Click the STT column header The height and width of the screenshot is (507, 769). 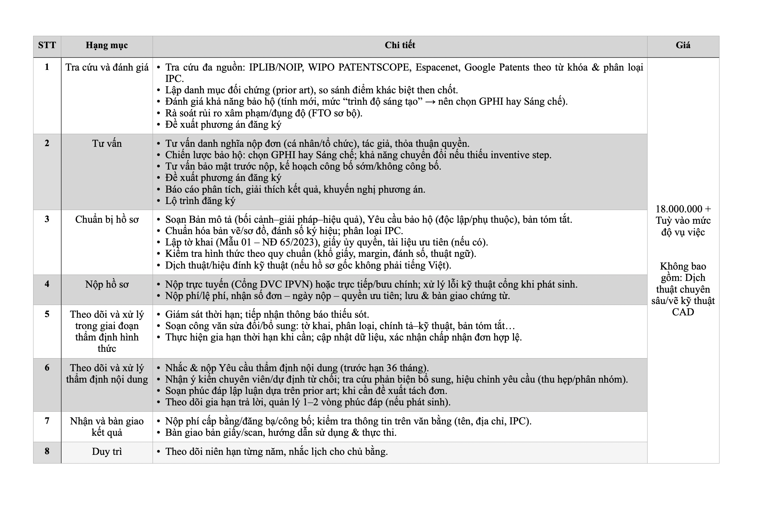(x=47, y=45)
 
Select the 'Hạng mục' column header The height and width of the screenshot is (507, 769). (x=107, y=45)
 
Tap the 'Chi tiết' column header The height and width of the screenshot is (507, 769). (x=400, y=45)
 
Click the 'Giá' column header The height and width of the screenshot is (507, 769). (x=683, y=45)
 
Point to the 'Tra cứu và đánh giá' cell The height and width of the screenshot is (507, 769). (x=107, y=67)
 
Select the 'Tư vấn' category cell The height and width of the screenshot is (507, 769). (x=107, y=143)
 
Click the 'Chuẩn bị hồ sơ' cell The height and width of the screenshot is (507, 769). (x=107, y=219)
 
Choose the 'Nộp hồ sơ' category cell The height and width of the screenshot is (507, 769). (x=107, y=284)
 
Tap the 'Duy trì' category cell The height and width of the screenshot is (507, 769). (x=107, y=451)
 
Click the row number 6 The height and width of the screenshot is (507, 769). (x=47, y=368)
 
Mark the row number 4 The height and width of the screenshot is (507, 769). (x=47, y=284)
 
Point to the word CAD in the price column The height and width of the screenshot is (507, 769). (x=683, y=312)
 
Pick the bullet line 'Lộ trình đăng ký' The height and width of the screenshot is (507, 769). (x=200, y=201)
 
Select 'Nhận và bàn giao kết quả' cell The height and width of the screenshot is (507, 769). (x=107, y=426)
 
